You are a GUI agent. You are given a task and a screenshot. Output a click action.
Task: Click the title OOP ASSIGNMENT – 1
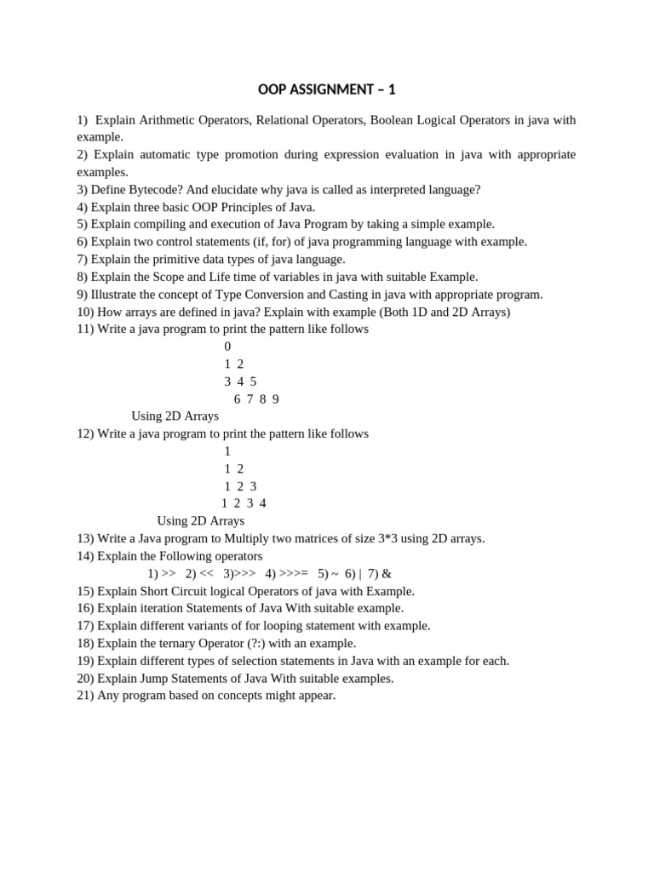point(327,89)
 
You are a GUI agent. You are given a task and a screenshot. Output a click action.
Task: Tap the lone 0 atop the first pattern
point(227,347)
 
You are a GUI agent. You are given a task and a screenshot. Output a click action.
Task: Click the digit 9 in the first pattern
point(275,399)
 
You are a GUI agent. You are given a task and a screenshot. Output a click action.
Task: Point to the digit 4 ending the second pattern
point(262,503)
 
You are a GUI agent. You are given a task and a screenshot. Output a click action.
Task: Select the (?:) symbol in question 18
point(267,643)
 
